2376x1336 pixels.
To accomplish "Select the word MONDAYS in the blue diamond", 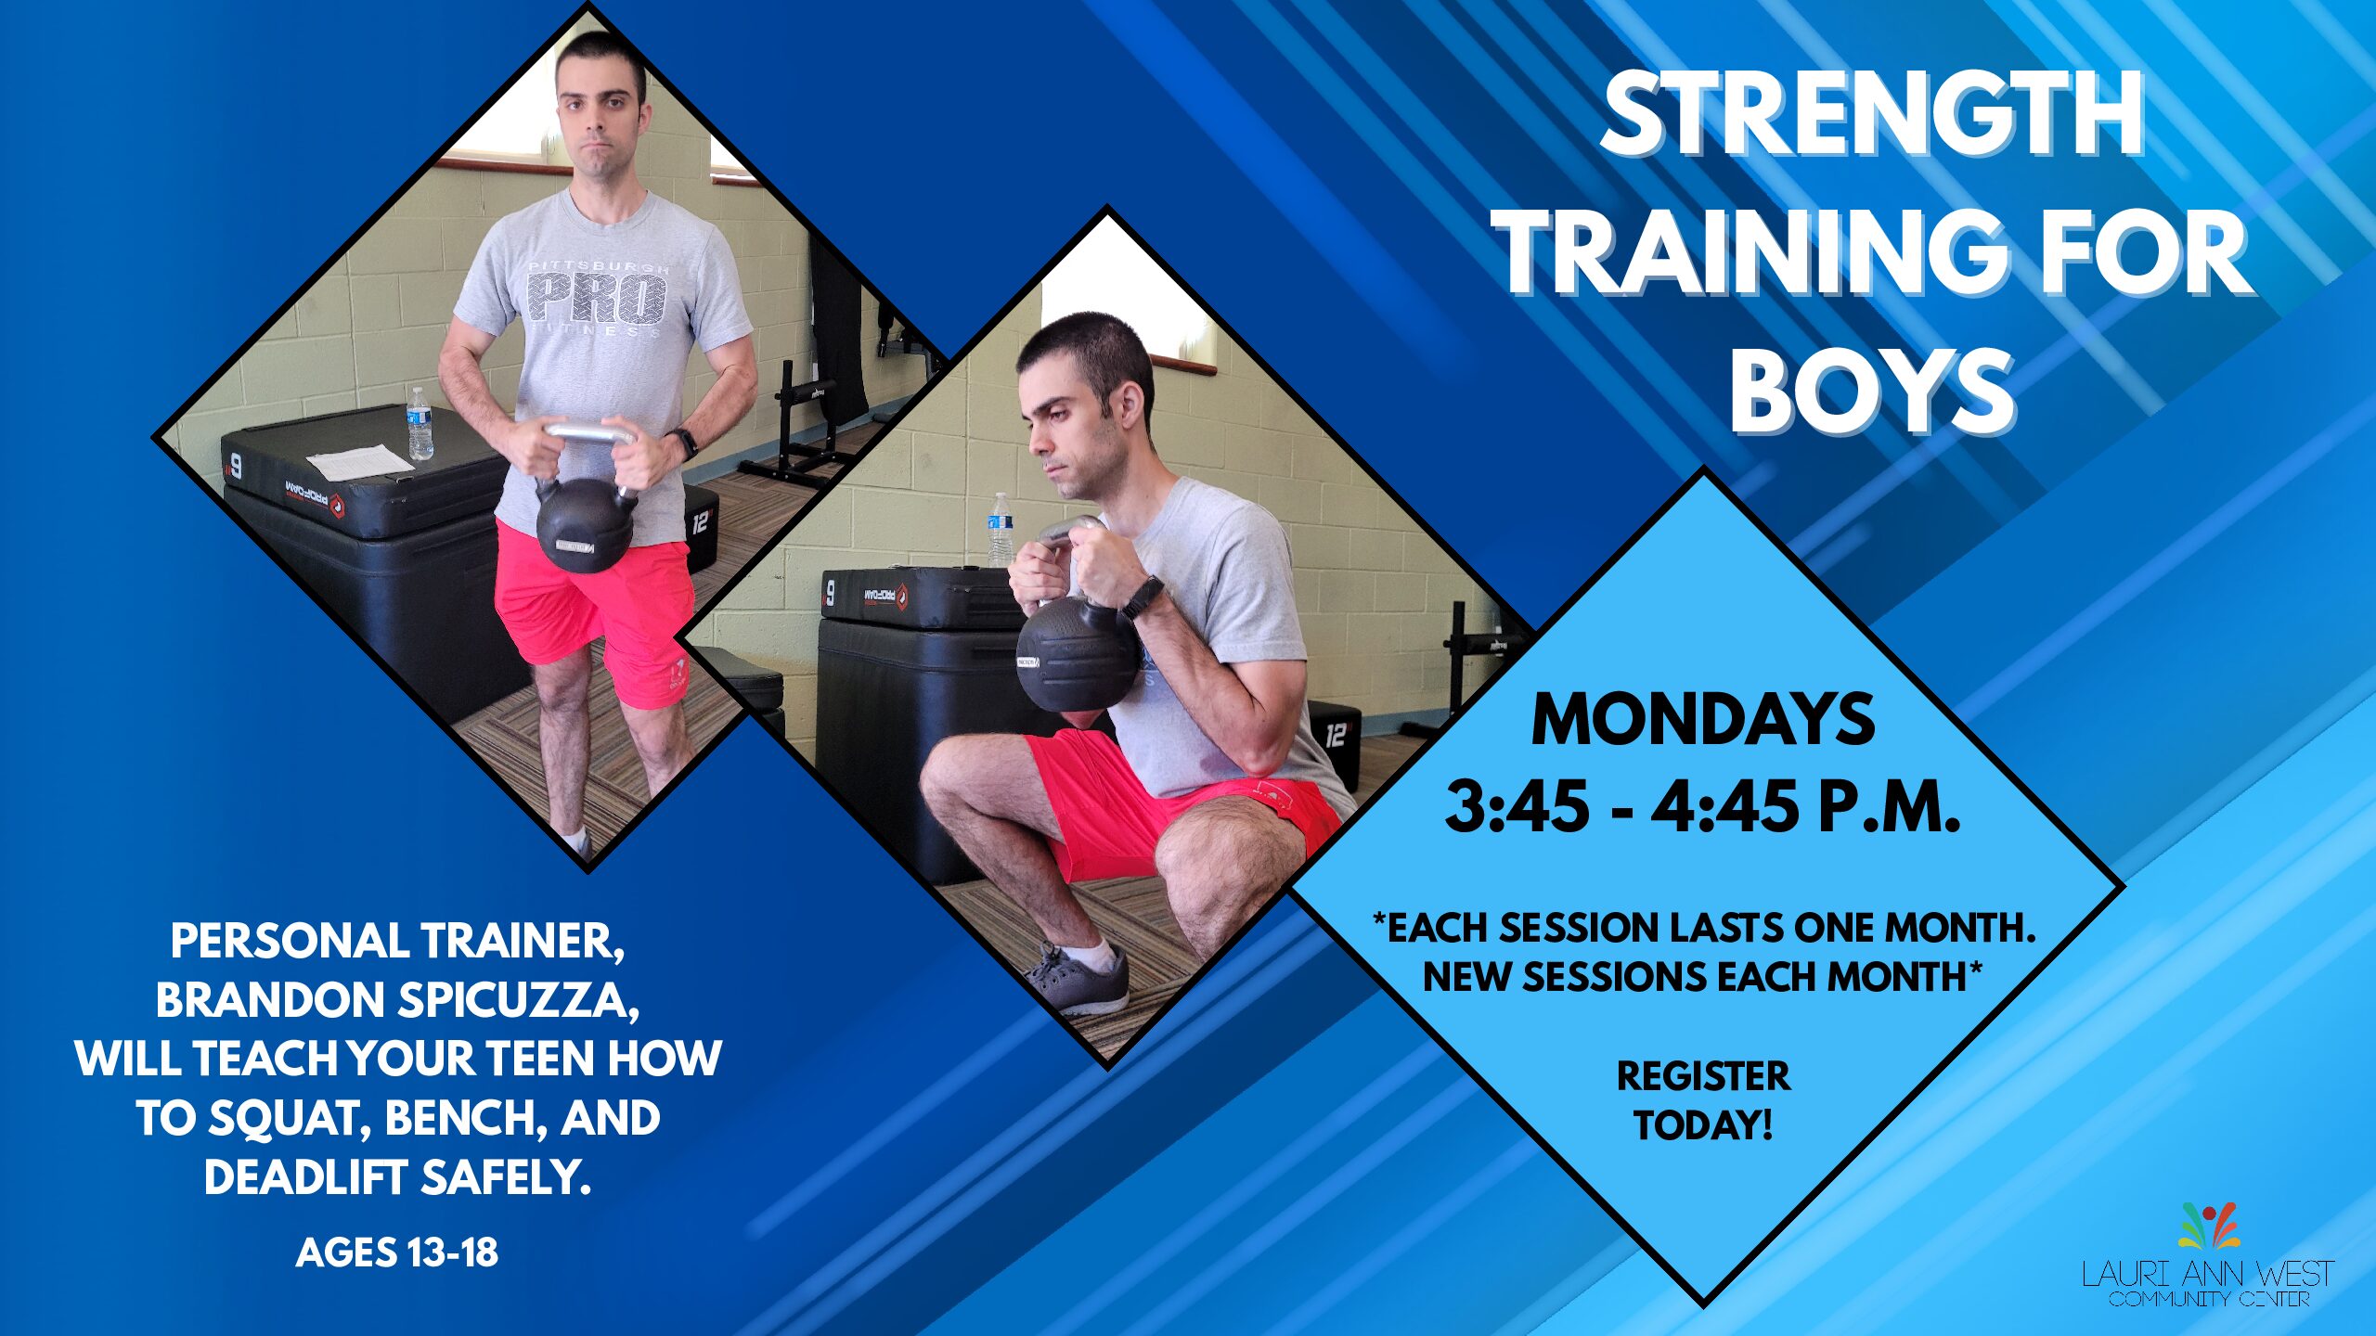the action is coord(1703,719).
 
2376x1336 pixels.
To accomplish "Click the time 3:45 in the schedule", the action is coord(1517,806).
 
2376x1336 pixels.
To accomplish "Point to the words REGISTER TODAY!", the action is coord(1704,1100).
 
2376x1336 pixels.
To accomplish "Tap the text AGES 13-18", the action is coord(397,1252).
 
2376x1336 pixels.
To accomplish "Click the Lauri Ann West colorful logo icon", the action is coord(2210,1225).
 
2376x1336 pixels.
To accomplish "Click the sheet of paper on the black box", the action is coord(360,461).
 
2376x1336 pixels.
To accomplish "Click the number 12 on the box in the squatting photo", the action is coord(1335,735).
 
